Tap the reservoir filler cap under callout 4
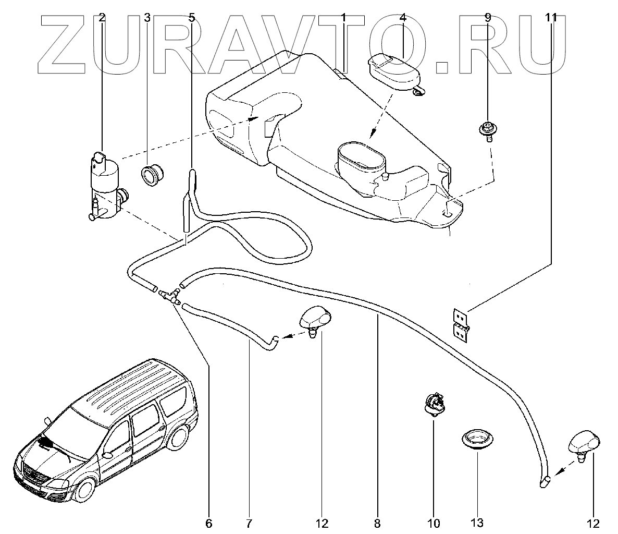[394, 72]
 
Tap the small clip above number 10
[434, 405]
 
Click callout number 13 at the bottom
[477, 523]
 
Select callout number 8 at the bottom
[377, 523]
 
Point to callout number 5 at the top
[191, 17]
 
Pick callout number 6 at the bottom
[209, 523]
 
